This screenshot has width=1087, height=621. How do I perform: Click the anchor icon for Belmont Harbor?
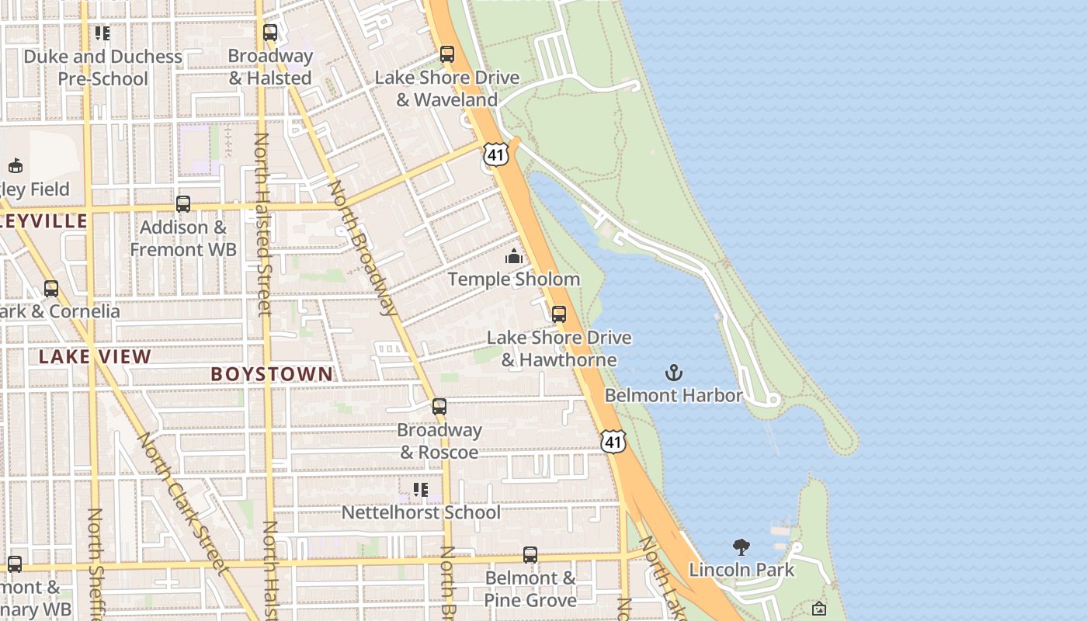coord(674,373)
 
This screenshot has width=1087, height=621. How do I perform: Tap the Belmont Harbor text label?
coord(673,395)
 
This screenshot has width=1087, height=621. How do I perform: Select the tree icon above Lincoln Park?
coord(741,547)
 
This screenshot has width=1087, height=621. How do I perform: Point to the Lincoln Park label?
coord(741,570)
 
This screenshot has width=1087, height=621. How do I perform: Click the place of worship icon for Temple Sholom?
coord(514,257)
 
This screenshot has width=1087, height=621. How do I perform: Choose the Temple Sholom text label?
coord(514,279)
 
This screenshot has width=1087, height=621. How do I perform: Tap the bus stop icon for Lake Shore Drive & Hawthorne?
coord(559,314)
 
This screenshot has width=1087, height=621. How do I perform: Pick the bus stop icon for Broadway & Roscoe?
coord(439,407)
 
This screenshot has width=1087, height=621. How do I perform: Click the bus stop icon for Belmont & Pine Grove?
coord(530,555)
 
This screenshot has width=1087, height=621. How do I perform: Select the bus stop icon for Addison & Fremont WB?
coord(183,204)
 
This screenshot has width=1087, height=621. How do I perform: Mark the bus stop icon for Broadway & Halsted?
coord(270,33)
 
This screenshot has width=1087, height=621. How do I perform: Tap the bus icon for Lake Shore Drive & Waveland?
coord(447,54)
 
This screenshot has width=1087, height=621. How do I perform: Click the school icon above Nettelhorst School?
coord(420,490)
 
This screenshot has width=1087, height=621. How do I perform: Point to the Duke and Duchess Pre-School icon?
coord(102,33)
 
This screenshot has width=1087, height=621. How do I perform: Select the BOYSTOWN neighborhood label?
coord(272,374)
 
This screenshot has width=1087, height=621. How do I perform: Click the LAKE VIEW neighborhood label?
coord(95,357)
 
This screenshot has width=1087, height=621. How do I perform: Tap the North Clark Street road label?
coord(182,503)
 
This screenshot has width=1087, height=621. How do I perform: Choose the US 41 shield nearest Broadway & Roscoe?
coord(613,442)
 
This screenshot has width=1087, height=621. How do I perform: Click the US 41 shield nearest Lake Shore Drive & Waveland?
coord(496,154)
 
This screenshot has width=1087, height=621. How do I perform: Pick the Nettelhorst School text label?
coord(421,512)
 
